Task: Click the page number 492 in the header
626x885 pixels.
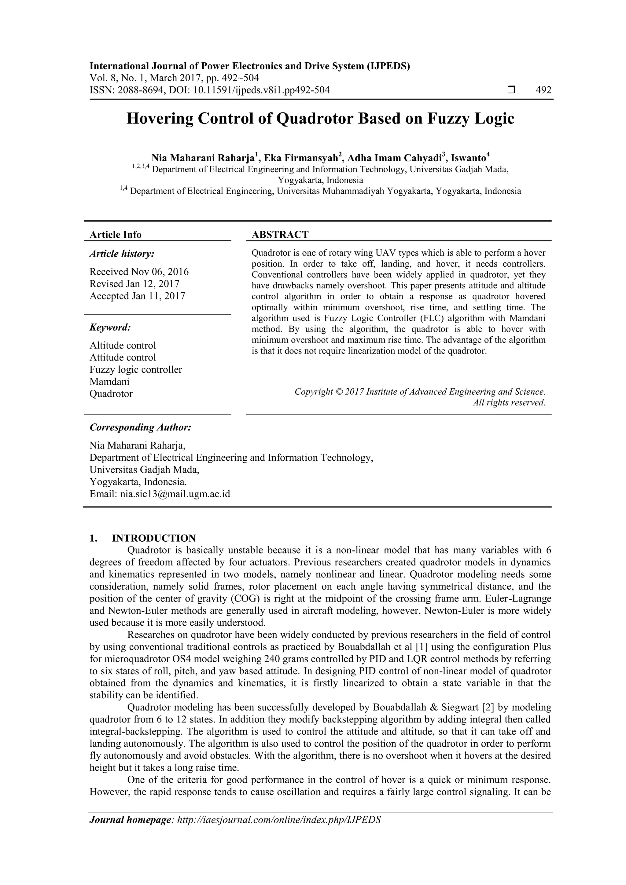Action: pos(543,90)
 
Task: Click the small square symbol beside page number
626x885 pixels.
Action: pos(511,90)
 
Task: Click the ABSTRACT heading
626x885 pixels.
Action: pos(280,235)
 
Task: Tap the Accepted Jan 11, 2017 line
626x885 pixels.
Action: pos(137,296)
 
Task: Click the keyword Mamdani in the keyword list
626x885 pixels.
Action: pos(109,382)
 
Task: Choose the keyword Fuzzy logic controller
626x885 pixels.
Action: pos(136,370)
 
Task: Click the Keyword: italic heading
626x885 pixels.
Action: pos(110,327)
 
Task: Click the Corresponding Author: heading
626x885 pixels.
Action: pos(140,427)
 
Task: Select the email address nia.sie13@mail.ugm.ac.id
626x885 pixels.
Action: pos(175,494)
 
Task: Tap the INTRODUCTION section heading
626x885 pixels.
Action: pos(153,538)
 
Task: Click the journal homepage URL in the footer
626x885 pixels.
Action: pos(278,820)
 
